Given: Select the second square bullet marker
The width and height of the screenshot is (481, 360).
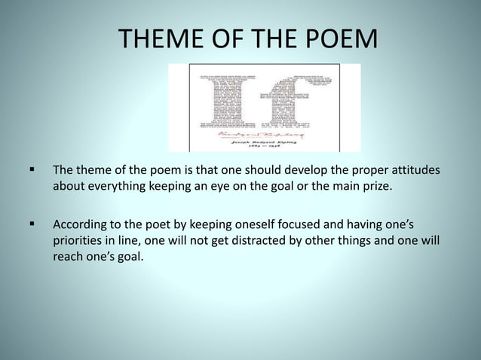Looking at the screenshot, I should click(x=32, y=224).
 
